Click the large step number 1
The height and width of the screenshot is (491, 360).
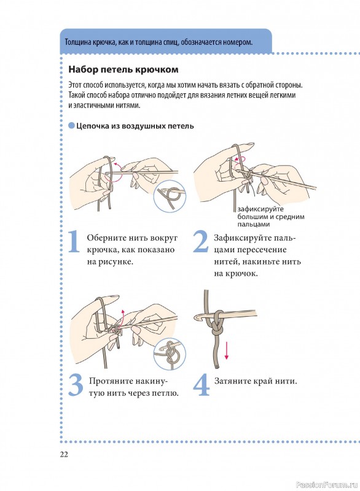(74, 241)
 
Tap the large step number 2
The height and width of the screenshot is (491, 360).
(200, 241)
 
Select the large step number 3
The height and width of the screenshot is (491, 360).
(76, 385)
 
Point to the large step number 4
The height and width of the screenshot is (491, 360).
(201, 385)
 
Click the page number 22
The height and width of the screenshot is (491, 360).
(64, 454)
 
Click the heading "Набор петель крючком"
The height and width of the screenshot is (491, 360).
(123, 69)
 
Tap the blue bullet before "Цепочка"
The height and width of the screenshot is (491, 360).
(71, 126)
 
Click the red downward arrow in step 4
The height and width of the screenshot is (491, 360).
(227, 350)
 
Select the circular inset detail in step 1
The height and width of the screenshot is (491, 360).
(170, 196)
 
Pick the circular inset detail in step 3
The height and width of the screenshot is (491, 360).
(170, 354)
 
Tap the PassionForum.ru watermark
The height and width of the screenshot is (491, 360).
(326, 484)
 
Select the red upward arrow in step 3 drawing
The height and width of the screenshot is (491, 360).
(122, 317)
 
